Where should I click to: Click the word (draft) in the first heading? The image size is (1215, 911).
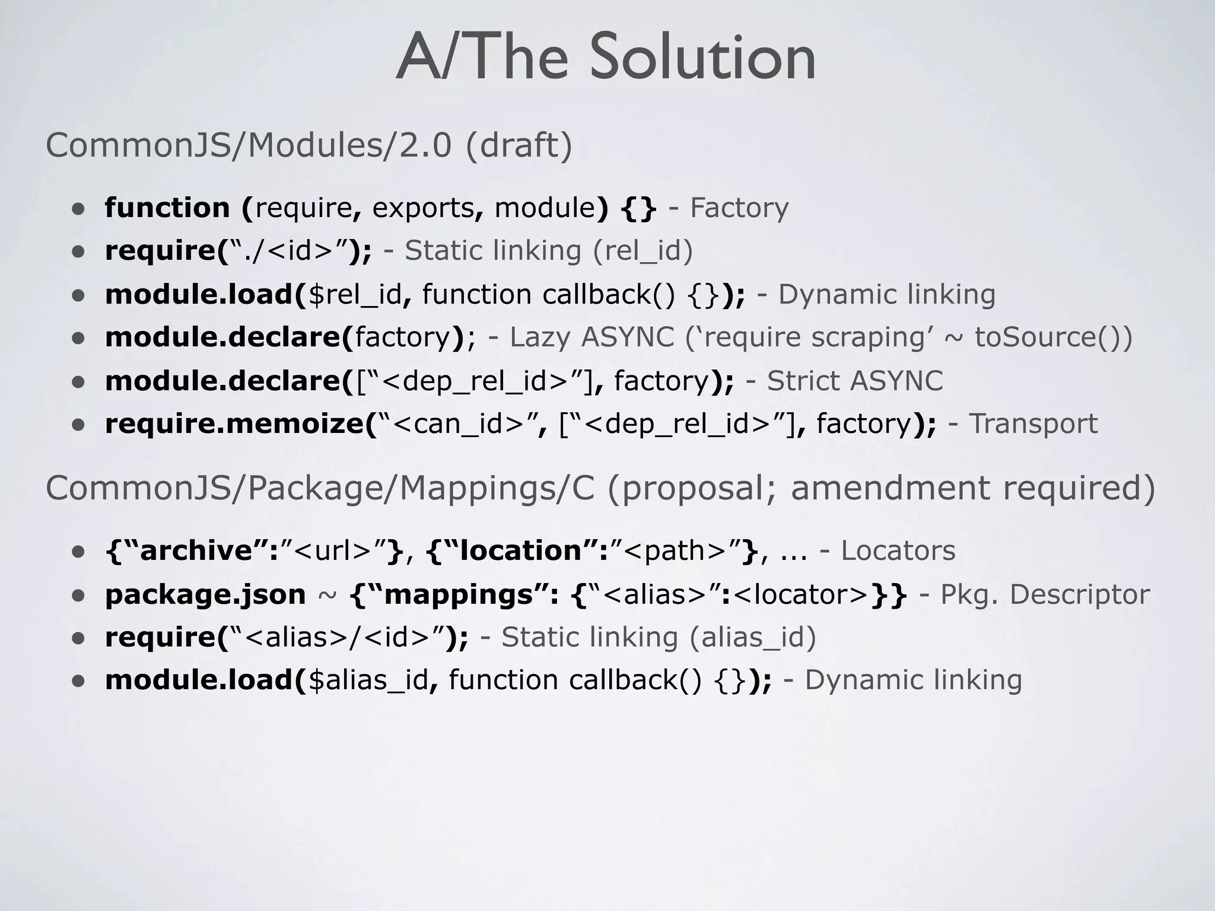point(519,145)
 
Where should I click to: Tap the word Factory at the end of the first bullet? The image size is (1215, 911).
point(739,208)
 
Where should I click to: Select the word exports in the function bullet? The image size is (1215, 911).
point(423,208)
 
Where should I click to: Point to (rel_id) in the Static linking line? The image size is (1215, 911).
point(643,251)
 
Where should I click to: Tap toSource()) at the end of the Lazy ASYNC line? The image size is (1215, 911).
point(1054,337)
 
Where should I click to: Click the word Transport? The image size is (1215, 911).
point(1033,424)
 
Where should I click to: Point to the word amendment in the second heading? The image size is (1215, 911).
point(890,488)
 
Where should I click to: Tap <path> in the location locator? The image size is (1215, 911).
point(675,551)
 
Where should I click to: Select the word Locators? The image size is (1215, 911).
point(898,551)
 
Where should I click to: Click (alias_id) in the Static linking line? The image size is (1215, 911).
point(752,638)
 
